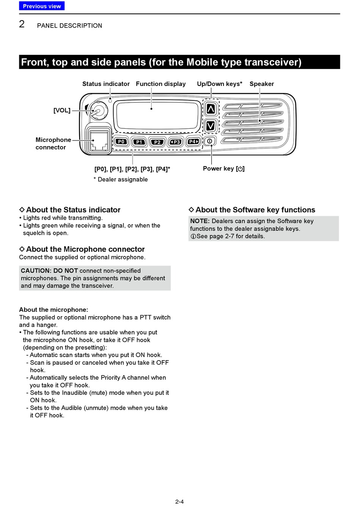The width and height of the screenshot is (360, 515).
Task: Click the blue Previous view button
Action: [x=42, y=6]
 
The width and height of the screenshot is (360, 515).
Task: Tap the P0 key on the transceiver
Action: [x=121, y=142]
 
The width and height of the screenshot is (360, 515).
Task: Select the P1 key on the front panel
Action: [x=139, y=142]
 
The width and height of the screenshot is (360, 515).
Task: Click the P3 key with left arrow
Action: [x=176, y=142]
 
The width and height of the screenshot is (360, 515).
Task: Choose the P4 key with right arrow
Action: [x=194, y=142]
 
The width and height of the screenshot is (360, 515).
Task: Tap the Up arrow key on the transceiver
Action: [x=211, y=109]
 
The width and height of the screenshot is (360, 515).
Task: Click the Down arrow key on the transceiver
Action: [x=211, y=125]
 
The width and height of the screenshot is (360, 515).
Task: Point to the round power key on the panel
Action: [x=210, y=141]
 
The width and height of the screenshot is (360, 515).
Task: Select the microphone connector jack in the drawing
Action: [x=98, y=141]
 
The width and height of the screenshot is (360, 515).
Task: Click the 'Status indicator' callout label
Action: [x=106, y=84]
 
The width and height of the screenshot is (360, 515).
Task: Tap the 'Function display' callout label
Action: [x=161, y=84]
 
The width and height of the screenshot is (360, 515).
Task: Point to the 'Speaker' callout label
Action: [x=261, y=84]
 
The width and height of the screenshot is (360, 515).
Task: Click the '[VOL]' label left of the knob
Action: [x=62, y=111]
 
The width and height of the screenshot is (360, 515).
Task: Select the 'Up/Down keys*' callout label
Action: [x=219, y=84]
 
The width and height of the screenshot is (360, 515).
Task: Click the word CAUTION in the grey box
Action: [x=36, y=271]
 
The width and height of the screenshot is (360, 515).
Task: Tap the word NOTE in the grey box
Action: [x=199, y=221]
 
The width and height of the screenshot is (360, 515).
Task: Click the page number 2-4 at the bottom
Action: [x=180, y=502]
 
